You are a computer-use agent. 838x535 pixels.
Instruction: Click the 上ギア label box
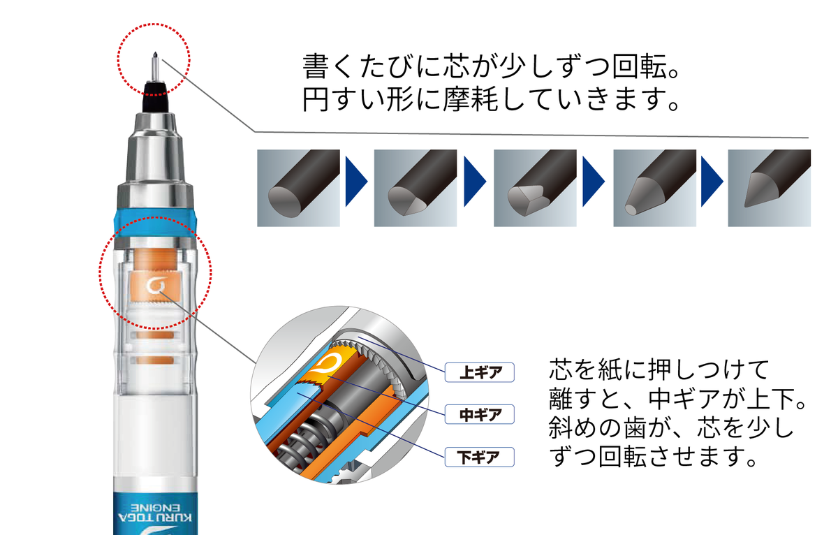click(x=480, y=372)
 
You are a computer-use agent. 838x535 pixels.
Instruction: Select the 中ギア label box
click(x=480, y=415)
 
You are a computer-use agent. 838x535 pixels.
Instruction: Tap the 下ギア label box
click(x=480, y=457)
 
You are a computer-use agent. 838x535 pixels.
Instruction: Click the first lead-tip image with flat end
click(x=299, y=188)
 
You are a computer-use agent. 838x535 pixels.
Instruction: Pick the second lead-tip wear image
click(x=416, y=188)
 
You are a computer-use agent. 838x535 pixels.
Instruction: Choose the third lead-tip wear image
click(x=535, y=188)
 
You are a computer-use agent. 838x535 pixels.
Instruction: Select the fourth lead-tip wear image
click(x=655, y=188)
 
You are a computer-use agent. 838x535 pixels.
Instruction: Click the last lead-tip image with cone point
click(x=770, y=188)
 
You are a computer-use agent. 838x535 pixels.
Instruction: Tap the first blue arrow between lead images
click(x=355, y=182)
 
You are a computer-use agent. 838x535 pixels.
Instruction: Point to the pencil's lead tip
click(x=155, y=54)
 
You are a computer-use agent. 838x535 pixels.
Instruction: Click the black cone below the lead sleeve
click(x=155, y=96)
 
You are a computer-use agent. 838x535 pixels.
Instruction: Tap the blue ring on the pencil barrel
click(x=155, y=223)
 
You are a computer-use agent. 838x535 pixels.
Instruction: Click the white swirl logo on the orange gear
click(x=155, y=286)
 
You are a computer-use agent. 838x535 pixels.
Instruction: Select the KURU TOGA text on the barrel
click(x=155, y=518)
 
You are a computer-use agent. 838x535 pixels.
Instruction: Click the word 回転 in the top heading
click(x=640, y=66)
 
